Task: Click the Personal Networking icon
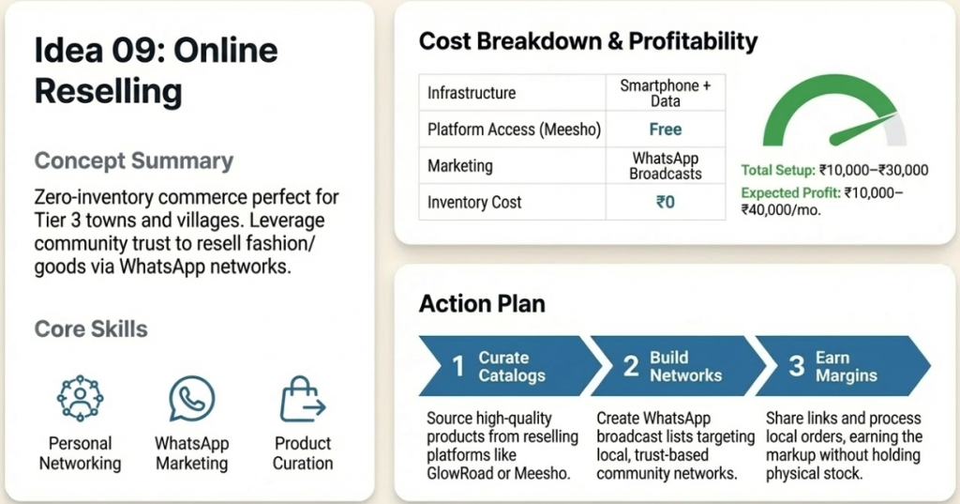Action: pos(80,398)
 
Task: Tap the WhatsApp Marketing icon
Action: pos(191,398)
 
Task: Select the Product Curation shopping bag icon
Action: pos(302,400)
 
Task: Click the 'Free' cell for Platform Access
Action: pos(665,130)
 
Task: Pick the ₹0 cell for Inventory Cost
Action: pos(665,202)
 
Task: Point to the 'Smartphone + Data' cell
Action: pos(665,93)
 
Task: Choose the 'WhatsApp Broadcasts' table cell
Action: pos(665,165)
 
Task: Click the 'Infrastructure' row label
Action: pos(472,93)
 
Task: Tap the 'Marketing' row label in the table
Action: pos(459,165)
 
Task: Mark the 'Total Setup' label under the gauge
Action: pos(777,170)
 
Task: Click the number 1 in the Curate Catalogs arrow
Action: pos(458,366)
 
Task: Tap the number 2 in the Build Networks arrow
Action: pos(631,366)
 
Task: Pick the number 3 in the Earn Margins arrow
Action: pos(796,366)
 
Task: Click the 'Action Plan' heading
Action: pos(482,304)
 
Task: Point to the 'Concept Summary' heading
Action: pos(133,160)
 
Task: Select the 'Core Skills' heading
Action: pos(91,329)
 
